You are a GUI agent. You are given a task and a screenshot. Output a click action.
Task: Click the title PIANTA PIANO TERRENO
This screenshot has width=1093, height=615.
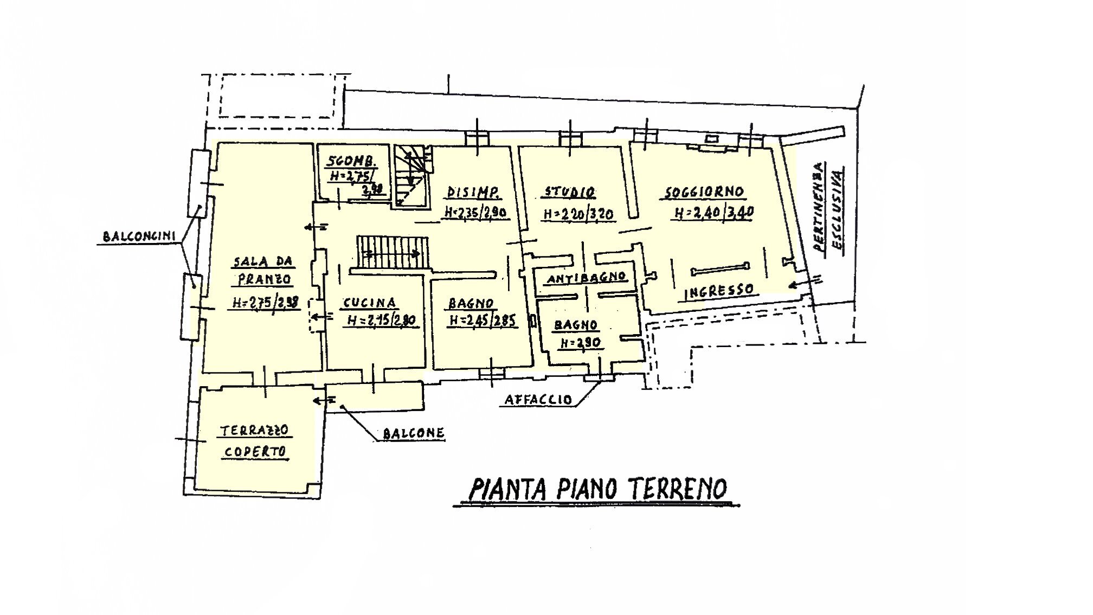pyautogui.click(x=596, y=489)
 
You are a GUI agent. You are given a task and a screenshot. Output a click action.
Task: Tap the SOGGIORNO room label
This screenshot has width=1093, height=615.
pyautogui.click(x=704, y=193)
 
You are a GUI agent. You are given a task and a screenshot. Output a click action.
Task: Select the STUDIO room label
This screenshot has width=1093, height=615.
pyautogui.click(x=569, y=193)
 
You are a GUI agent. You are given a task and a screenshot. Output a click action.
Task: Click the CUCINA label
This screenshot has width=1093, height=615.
pyautogui.click(x=369, y=303)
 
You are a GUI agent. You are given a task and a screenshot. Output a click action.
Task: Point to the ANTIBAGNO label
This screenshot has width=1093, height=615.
pyautogui.click(x=587, y=279)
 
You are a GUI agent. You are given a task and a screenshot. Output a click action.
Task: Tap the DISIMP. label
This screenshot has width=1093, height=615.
pyautogui.click(x=473, y=193)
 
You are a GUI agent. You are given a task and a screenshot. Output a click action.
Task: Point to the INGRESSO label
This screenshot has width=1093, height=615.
pyautogui.click(x=719, y=291)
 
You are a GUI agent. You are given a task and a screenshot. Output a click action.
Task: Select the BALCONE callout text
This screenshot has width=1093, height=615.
pyautogui.click(x=413, y=433)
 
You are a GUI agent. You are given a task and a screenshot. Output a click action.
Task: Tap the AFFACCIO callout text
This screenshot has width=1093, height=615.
pyautogui.click(x=538, y=400)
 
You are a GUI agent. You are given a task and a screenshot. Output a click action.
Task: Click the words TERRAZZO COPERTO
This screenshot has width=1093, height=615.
pyautogui.click(x=255, y=441)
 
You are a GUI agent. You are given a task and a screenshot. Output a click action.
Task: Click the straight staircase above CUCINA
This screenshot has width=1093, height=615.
pyautogui.click(x=392, y=252)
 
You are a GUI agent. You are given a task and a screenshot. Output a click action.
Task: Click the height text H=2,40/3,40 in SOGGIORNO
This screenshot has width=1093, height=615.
pyautogui.click(x=713, y=213)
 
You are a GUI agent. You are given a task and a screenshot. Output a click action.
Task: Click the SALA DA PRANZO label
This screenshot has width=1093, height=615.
pyautogui.click(x=263, y=271)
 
